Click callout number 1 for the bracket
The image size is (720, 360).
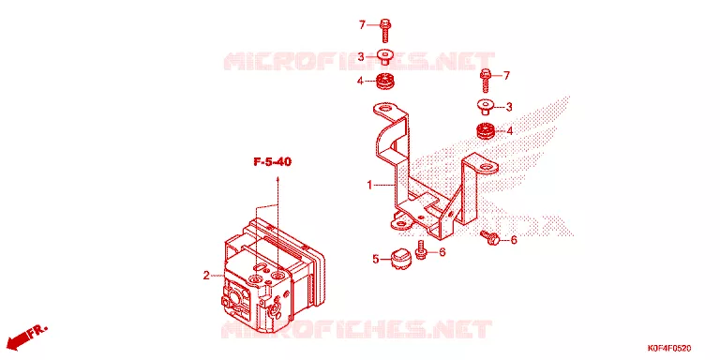tap(369, 185)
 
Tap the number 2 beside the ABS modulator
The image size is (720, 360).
tap(206, 276)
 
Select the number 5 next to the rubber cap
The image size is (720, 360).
tap(376, 260)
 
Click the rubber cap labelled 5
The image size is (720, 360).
tap(398, 260)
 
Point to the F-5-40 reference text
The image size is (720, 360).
tap(273, 161)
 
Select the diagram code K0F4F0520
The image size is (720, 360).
tap(669, 349)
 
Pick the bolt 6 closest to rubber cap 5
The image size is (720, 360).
tap(420, 249)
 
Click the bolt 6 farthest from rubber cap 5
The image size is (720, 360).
tap(490, 238)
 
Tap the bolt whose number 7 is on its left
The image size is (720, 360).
tap(385, 30)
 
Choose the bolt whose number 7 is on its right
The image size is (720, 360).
tap(486, 82)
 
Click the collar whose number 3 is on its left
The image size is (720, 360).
tap(385, 57)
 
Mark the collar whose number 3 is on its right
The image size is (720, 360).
tap(484, 108)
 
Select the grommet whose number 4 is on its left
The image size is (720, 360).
tap(385, 82)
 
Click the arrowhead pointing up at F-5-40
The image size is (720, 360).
tap(277, 179)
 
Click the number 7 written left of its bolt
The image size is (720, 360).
tap(362, 25)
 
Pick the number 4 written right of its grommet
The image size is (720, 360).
tap(509, 131)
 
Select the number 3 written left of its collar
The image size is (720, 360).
tap(361, 57)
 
